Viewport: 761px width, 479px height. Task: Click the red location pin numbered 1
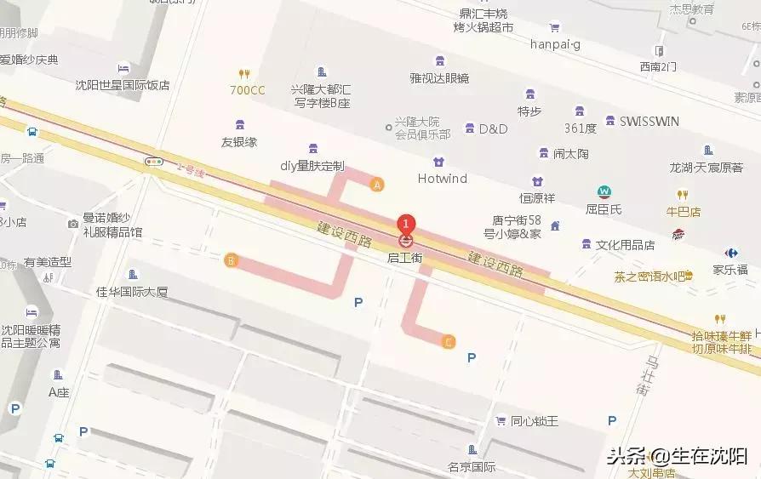(406, 224)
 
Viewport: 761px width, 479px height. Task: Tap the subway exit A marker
(377, 184)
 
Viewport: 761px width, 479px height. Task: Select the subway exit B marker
(230, 260)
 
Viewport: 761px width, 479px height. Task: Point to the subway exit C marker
(449, 342)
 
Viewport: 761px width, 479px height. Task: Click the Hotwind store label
(443, 179)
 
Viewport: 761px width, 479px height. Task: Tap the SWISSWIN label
(649, 122)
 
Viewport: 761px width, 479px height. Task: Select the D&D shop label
(492, 129)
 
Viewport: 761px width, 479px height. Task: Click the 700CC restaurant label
(247, 89)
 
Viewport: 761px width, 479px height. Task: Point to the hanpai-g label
(554, 44)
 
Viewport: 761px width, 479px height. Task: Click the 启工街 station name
(405, 257)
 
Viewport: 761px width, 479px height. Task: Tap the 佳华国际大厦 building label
(132, 292)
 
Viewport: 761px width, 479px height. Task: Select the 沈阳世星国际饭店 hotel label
(123, 85)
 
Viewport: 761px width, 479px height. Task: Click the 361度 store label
(580, 128)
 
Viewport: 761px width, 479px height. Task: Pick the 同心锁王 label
(534, 421)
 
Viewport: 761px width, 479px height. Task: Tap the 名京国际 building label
(472, 466)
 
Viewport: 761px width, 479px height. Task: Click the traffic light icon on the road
(154, 161)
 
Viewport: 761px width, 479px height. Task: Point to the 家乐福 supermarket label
(730, 269)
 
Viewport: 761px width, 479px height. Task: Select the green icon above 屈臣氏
(604, 191)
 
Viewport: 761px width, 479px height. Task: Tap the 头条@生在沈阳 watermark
(677, 455)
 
